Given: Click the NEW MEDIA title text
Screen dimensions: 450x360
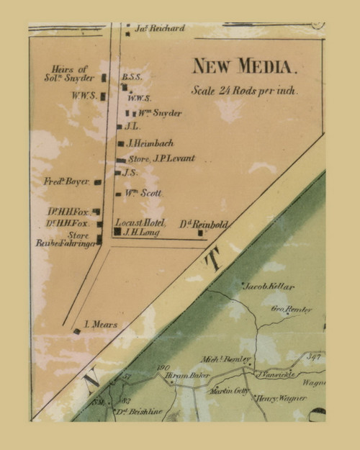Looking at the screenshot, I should (x=244, y=68).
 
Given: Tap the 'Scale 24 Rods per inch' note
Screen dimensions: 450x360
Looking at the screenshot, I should (x=244, y=91).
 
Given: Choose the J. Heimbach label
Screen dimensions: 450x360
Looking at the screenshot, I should (x=150, y=143).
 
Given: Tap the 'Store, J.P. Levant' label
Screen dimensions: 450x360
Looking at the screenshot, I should (x=161, y=158).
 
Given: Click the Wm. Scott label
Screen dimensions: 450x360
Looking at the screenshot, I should (x=144, y=194).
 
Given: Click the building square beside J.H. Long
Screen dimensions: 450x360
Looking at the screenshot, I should (x=117, y=232).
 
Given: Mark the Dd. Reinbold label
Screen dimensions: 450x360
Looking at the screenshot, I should (x=204, y=225).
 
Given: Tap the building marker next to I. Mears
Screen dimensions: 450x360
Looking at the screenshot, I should (x=77, y=331).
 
